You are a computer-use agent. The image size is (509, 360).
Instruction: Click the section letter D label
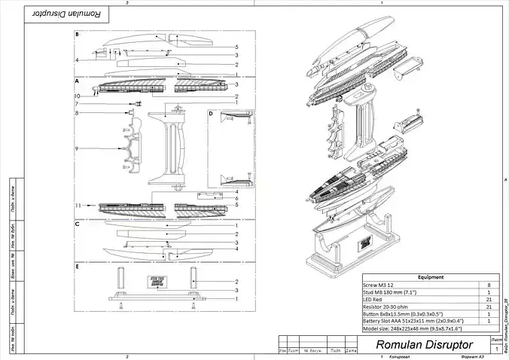[211, 114]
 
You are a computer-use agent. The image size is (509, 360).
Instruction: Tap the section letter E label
[78, 267]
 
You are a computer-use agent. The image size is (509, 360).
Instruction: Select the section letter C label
[78, 224]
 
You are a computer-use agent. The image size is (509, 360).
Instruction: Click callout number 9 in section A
[77, 148]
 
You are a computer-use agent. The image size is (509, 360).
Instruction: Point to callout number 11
[77, 206]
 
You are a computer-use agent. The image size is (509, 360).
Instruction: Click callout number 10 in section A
[77, 96]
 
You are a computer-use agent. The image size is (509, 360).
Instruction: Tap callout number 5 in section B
[236, 47]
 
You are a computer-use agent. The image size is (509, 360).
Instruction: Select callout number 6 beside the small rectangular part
[236, 199]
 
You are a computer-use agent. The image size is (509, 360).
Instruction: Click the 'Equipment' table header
[430, 277]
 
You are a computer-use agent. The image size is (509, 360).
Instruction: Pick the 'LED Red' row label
[374, 299]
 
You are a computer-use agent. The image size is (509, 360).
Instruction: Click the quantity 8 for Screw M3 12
[489, 285]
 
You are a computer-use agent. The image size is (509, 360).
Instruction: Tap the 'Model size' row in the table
[410, 328]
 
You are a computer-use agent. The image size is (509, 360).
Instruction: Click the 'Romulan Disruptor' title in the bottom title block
[422, 344]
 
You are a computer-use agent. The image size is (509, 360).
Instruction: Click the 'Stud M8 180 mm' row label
[389, 292]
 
